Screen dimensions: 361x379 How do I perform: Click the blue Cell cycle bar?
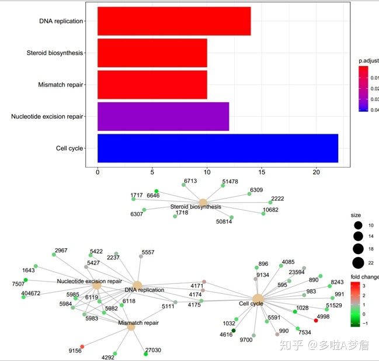(x=217, y=148)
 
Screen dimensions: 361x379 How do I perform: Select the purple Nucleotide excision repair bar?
(x=163, y=117)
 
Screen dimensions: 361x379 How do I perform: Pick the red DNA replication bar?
(x=174, y=21)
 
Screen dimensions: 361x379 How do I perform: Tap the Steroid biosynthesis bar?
(x=152, y=53)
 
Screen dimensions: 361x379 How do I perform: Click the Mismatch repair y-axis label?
(x=61, y=85)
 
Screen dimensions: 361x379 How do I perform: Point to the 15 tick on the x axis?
(x=262, y=172)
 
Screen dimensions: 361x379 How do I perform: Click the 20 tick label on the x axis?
(x=317, y=172)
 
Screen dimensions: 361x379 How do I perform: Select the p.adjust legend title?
(x=368, y=61)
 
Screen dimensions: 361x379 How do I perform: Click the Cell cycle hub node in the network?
(x=258, y=299)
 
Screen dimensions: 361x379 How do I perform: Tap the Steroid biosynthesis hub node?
(x=203, y=202)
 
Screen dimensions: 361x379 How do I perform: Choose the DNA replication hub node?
(x=137, y=286)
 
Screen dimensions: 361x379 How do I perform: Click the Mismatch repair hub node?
(x=131, y=327)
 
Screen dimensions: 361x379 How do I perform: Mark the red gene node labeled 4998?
(x=316, y=321)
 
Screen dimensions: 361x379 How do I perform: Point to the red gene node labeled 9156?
(x=82, y=346)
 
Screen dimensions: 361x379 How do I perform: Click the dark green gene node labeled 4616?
(x=234, y=331)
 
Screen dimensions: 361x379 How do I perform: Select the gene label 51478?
(x=230, y=182)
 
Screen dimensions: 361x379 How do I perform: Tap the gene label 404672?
(x=31, y=293)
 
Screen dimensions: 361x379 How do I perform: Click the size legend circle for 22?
(x=358, y=262)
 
